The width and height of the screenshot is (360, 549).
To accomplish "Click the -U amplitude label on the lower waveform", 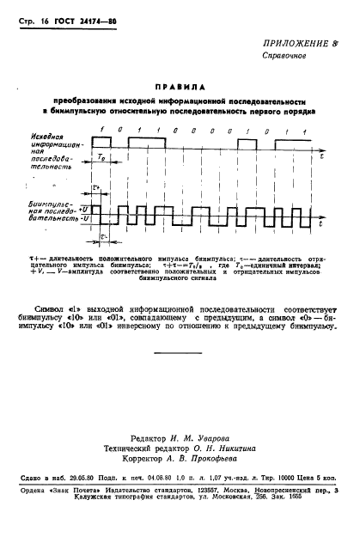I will point(85,220).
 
